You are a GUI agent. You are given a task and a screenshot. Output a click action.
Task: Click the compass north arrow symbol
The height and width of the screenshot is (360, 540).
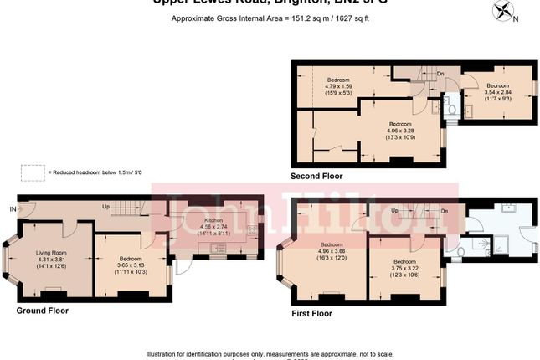tap(504, 12)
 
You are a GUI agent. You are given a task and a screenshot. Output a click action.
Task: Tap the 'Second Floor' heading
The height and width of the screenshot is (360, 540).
tap(316, 177)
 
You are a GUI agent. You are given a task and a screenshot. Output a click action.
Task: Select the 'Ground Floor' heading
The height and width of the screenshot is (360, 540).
tap(43, 311)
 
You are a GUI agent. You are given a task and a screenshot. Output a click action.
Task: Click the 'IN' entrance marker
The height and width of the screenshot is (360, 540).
tap(13, 208)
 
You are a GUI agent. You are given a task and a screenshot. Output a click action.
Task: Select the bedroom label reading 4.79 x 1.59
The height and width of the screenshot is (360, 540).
tap(339, 85)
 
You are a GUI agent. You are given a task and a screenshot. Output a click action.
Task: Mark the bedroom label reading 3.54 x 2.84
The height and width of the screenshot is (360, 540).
tap(498, 91)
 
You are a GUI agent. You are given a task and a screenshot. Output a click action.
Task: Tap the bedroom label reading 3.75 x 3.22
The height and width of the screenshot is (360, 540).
tap(406, 268)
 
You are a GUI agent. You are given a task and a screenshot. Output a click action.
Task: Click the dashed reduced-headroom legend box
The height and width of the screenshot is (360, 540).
tap(33, 172)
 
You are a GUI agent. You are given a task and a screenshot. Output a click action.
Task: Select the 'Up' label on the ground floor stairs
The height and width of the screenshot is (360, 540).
tap(105, 206)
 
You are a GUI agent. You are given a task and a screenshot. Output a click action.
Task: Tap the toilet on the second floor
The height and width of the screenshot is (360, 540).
tap(450, 108)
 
